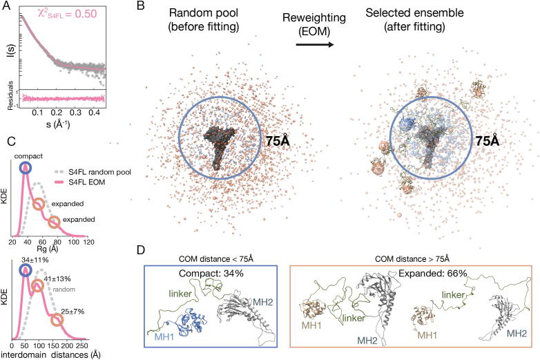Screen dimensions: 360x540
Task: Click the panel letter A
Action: click(x=7, y=7)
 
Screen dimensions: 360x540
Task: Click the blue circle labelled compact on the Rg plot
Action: click(x=26, y=168)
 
